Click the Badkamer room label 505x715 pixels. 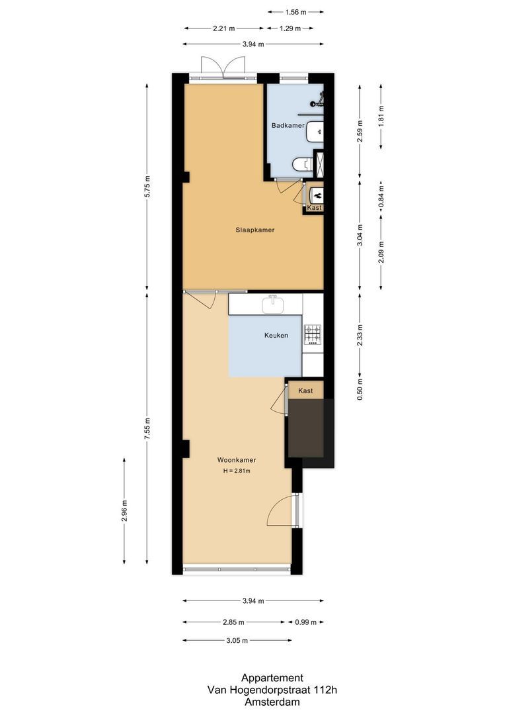(288, 125)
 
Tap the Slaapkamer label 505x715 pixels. (255, 230)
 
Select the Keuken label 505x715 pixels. (276, 336)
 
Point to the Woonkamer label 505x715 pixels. (237, 460)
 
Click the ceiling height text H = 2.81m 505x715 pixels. (237, 471)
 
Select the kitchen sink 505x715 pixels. (272, 305)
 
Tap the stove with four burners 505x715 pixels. (312, 334)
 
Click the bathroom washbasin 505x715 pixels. (315, 132)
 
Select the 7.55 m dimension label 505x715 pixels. (147, 424)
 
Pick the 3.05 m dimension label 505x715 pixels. (236, 641)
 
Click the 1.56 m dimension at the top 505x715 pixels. (296, 12)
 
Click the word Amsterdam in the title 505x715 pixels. (272, 702)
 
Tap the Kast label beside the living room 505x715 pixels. (305, 391)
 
